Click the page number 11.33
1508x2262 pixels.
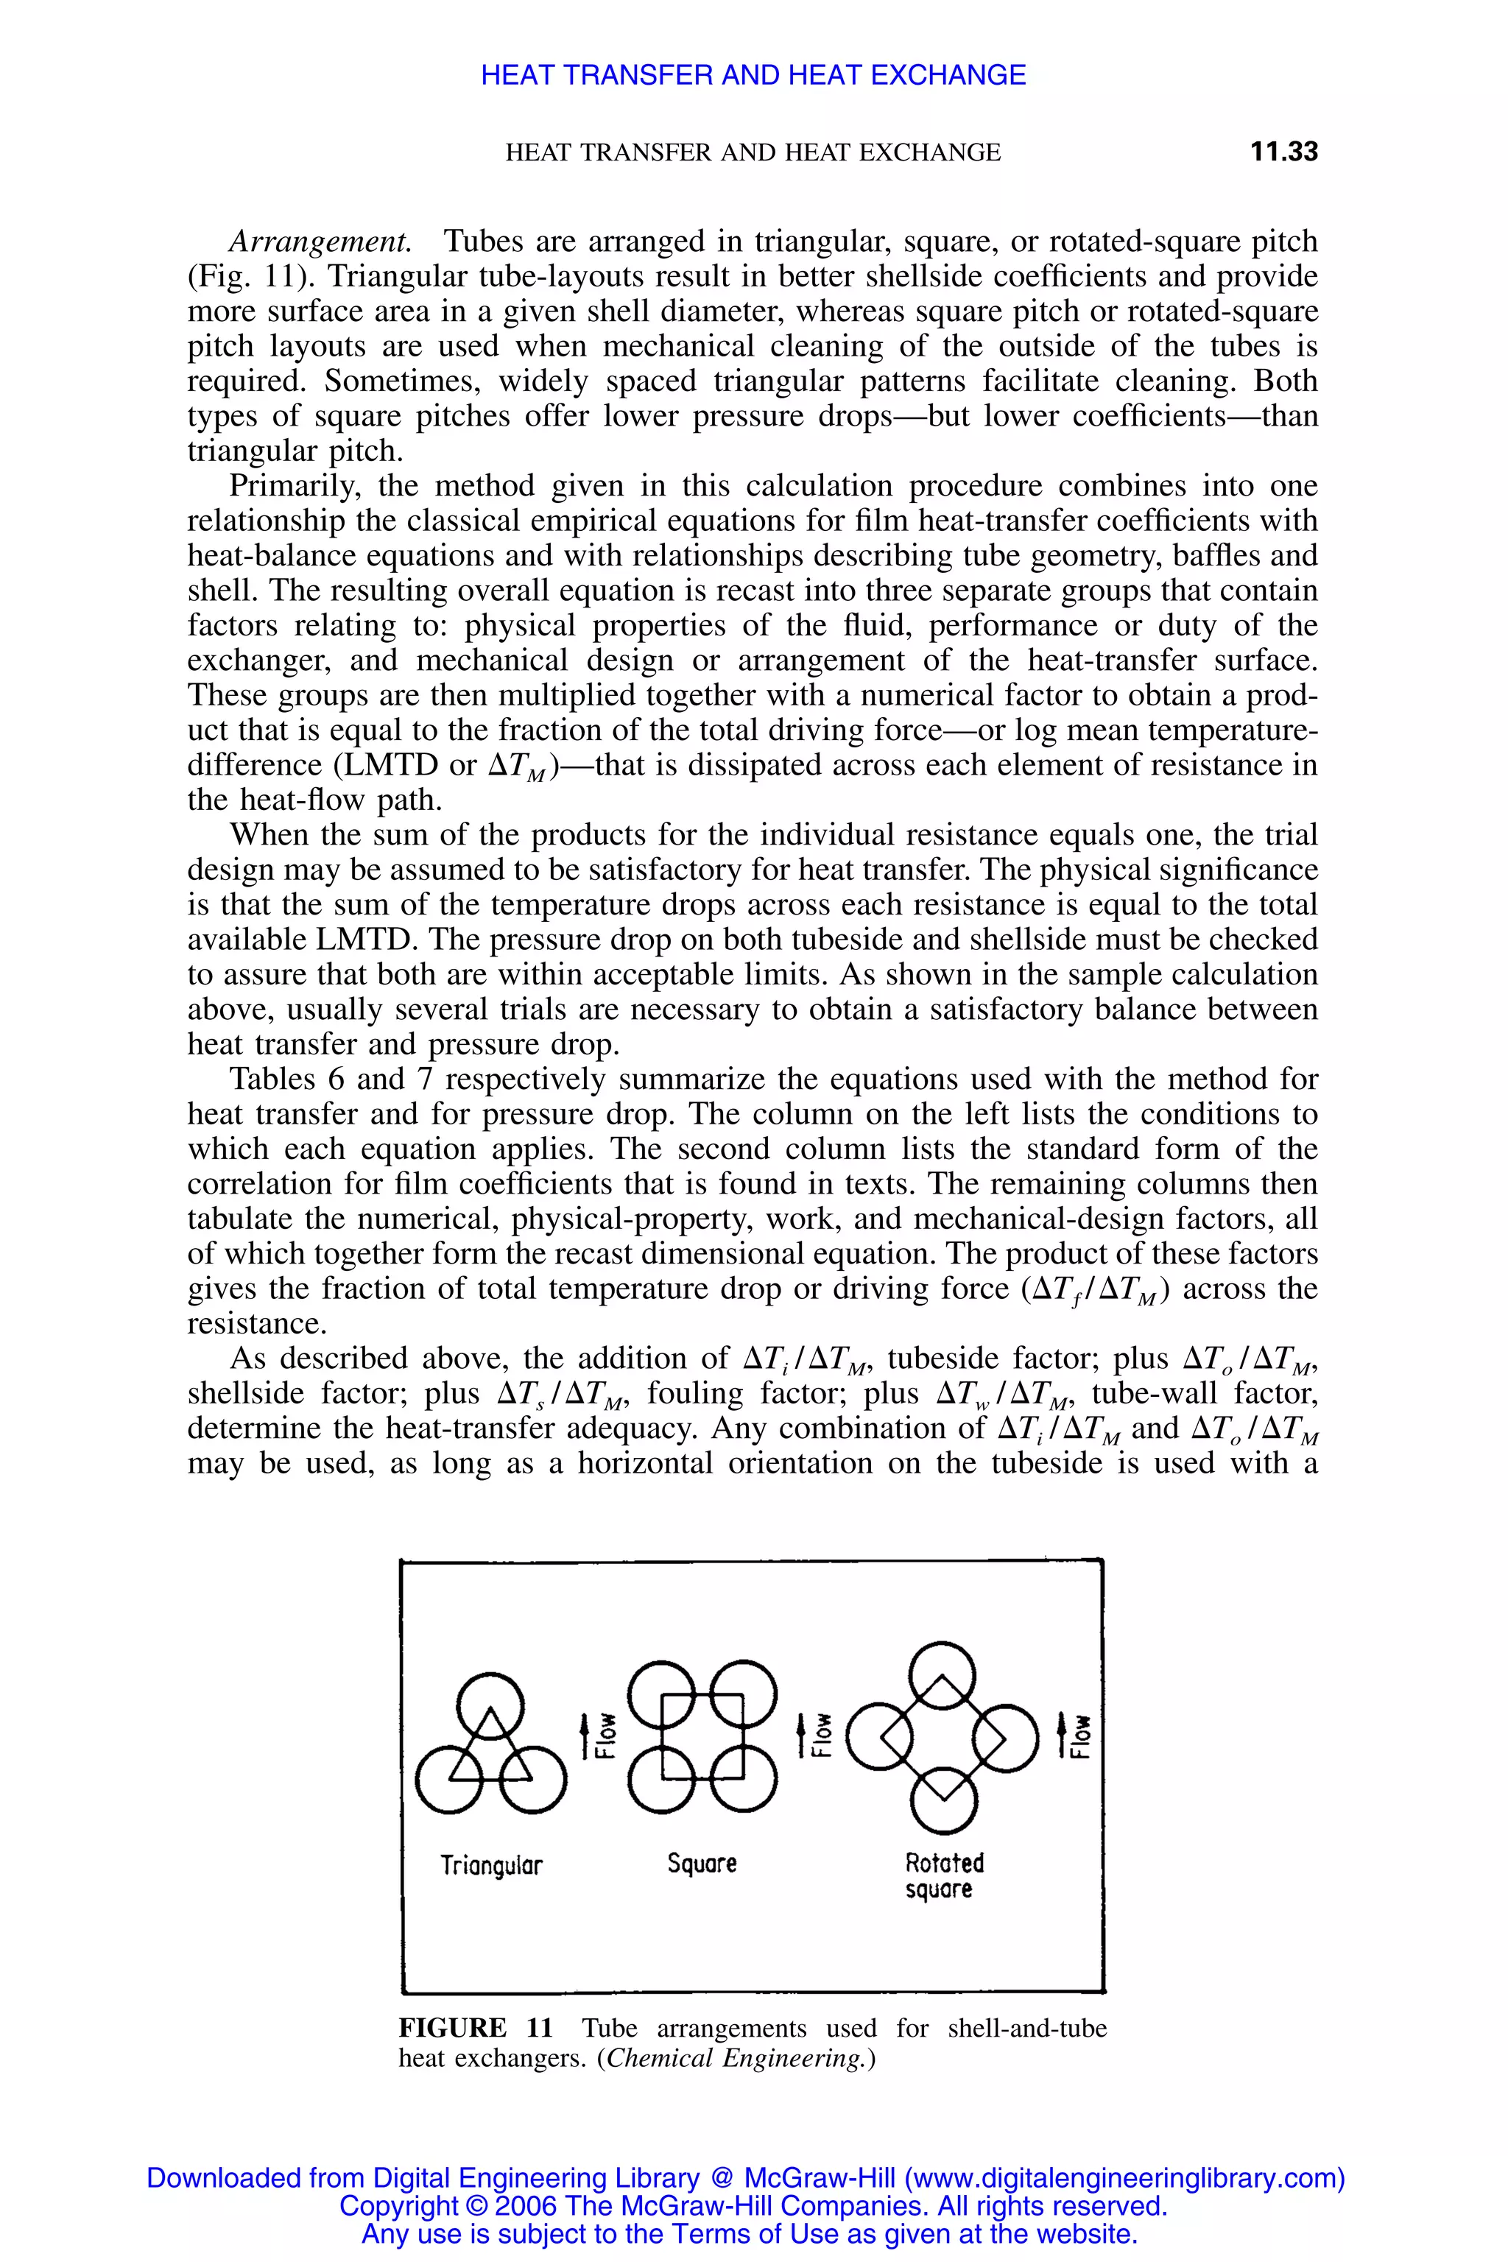pos(1283,152)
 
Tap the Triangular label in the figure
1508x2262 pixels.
pos(491,1866)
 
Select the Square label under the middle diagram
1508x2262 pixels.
pos(702,1863)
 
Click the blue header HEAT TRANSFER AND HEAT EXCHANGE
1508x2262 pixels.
pos(753,75)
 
